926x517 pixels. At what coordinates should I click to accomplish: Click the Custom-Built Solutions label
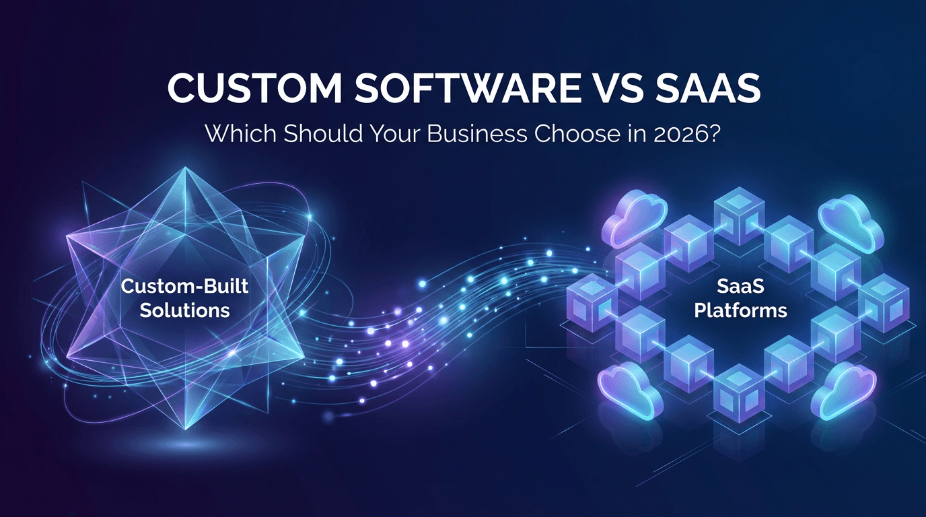pyautogui.click(x=184, y=298)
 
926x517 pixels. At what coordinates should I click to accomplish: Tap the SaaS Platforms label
pyautogui.click(x=740, y=298)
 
